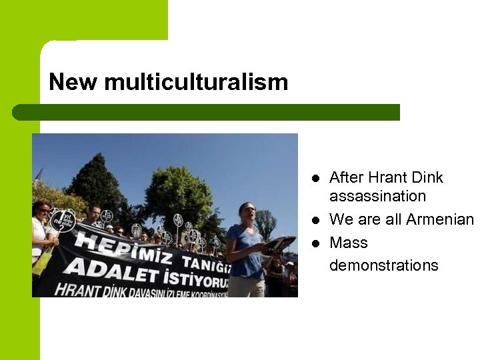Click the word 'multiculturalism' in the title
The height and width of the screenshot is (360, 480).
(x=196, y=83)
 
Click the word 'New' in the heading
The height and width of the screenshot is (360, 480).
(x=73, y=82)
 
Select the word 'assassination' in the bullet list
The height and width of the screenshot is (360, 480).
(x=377, y=196)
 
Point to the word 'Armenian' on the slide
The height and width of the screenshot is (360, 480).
(x=441, y=219)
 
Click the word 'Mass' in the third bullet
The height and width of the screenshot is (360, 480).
(x=349, y=242)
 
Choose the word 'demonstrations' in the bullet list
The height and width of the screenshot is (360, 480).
(x=384, y=265)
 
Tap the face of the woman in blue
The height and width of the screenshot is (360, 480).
(x=247, y=214)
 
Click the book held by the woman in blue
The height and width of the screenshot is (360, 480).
(x=279, y=244)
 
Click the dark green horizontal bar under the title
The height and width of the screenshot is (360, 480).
(x=207, y=112)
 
